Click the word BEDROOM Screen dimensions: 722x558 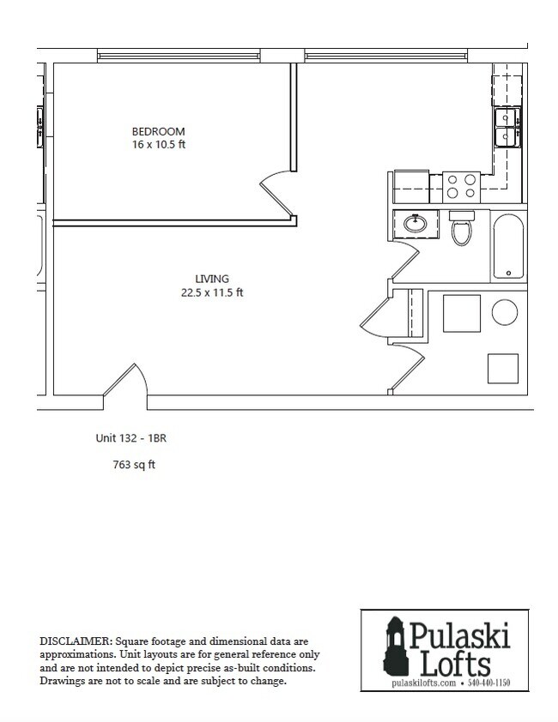point(158,131)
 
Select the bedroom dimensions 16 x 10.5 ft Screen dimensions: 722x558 point(158,144)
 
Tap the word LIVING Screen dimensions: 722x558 point(211,279)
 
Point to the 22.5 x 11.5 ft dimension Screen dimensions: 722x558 point(211,292)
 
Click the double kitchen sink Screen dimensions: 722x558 point(504,128)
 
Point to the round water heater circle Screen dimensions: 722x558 point(505,312)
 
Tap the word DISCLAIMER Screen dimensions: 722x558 point(76,641)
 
